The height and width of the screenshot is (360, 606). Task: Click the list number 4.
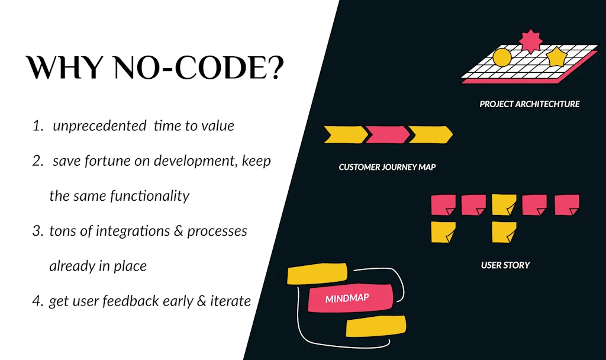(x=37, y=301)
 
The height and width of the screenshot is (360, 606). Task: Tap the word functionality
(x=150, y=195)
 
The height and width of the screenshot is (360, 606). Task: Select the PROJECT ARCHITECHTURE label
(x=529, y=104)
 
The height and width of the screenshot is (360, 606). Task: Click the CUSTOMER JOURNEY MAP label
(x=387, y=167)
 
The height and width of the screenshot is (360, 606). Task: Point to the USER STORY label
(x=505, y=265)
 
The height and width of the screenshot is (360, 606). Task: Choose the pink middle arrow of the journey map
(x=387, y=134)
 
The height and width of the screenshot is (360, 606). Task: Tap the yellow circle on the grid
(x=502, y=57)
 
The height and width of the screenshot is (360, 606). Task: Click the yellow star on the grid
(x=556, y=57)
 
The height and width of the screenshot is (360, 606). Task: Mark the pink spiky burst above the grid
(x=531, y=40)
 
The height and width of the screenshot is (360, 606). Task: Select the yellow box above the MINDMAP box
(x=317, y=273)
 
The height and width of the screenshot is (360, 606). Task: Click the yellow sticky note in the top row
(x=504, y=205)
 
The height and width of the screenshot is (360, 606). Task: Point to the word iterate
(x=231, y=301)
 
